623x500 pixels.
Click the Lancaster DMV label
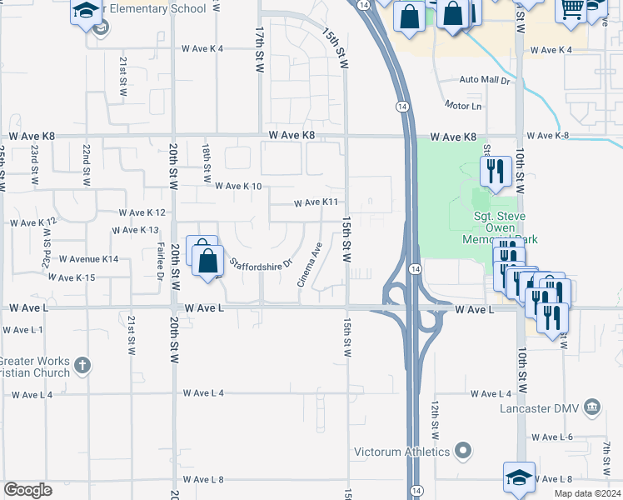(540, 408)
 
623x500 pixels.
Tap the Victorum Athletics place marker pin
(465, 452)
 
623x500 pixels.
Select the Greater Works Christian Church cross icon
(82, 364)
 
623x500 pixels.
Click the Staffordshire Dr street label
(262, 263)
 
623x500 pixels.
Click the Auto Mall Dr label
(490, 81)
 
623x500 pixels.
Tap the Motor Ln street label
(463, 107)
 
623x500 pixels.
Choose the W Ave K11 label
(316, 202)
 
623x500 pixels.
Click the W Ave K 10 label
(238, 187)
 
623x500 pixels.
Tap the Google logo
(27, 490)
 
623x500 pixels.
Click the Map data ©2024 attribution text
(587, 493)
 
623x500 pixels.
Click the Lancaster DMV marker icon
(591, 407)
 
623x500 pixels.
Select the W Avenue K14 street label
(88, 259)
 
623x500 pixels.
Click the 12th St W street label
(435, 419)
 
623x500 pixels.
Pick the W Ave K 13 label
(135, 230)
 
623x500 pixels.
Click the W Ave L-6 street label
(553, 437)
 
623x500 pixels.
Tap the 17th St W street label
(260, 50)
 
